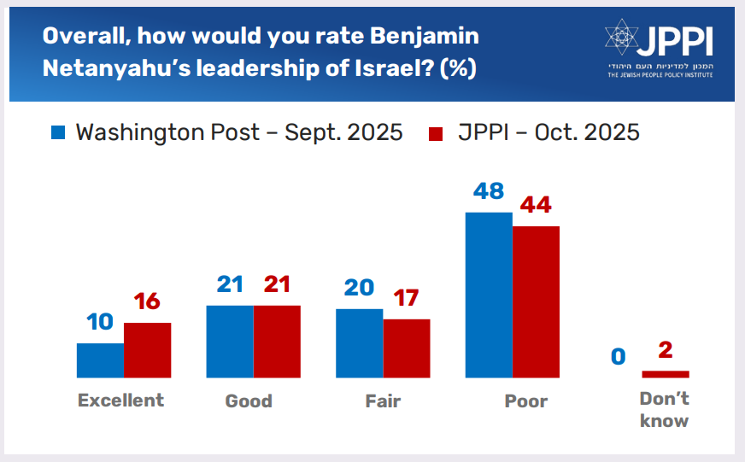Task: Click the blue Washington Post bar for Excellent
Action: (100, 360)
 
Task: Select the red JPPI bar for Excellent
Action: (147, 350)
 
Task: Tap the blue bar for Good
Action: (230, 341)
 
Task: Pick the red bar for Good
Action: (277, 341)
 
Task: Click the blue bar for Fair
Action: (359, 342)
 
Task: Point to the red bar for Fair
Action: (406, 348)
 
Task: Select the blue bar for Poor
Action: (488, 295)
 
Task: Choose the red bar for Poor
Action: (536, 301)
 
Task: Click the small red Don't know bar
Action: (665, 374)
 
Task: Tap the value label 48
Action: (488, 190)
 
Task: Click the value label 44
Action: (535, 205)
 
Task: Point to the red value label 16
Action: (147, 301)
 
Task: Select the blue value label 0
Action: (618, 355)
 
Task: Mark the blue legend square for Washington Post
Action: (59, 133)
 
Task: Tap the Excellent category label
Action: (120, 401)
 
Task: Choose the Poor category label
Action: (525, 401)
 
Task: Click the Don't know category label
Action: (664, 409)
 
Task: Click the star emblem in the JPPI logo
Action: (621, 38)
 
